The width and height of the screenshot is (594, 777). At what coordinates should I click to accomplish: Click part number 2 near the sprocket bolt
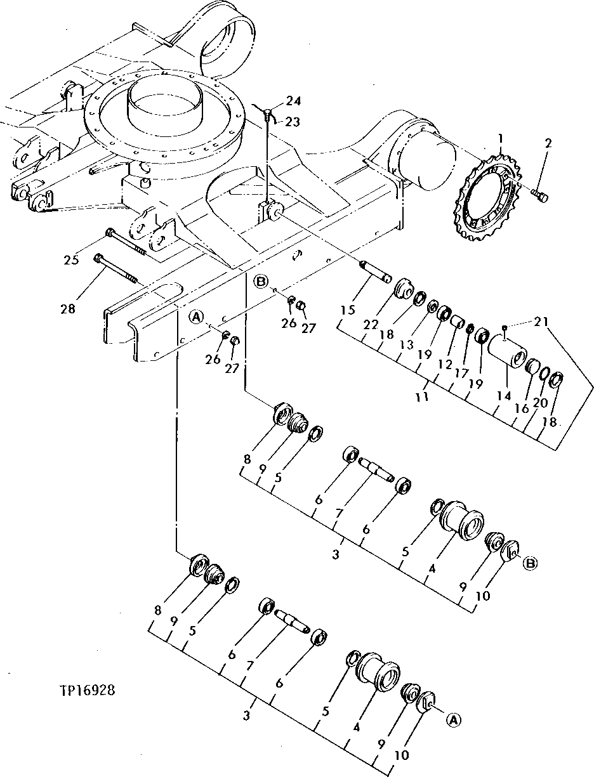coord(548,143)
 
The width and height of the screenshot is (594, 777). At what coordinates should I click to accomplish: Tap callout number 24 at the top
coord(293,101)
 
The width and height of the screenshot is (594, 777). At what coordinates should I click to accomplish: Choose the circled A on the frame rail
coord(197,316)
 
